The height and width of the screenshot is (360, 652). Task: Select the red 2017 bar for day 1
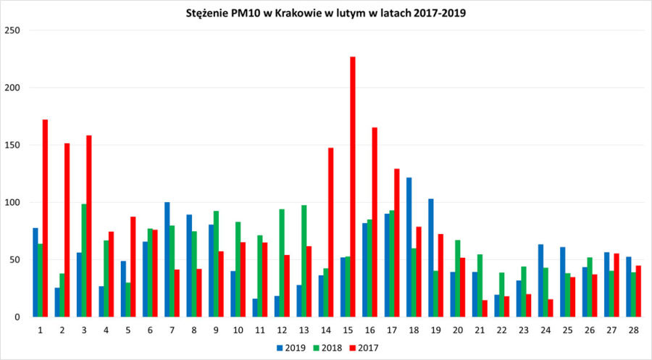pos(45,218)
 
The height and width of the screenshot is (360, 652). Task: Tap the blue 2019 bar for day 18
pos(409,247)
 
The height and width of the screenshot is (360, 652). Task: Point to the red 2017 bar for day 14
pos(331,232)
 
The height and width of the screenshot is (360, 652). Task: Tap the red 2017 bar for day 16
pos(375,222)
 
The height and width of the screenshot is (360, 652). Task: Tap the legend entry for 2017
pos(366,348)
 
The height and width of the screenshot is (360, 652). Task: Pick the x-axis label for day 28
pos(634,330)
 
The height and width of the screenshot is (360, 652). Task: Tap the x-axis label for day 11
pos(259,330)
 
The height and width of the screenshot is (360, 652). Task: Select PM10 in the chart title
pos(234,12)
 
